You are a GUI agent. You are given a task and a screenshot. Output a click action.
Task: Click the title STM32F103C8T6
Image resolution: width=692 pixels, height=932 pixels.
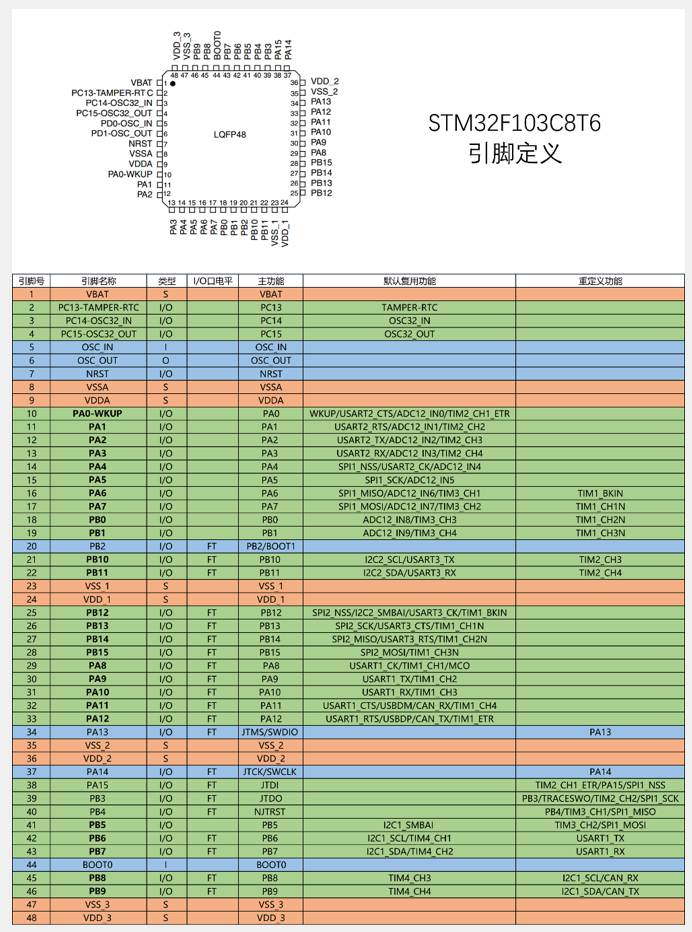click(514, 123)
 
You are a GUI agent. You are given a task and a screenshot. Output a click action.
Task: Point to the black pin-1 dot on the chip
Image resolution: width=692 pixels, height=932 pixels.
click(173, 84)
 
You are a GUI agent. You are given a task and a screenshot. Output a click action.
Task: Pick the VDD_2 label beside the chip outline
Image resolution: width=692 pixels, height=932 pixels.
click(325, 81)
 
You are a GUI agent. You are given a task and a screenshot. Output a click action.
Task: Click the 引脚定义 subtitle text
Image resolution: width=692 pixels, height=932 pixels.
click(514, 155)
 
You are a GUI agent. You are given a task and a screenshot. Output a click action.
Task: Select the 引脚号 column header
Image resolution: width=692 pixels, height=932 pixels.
click(32, 281)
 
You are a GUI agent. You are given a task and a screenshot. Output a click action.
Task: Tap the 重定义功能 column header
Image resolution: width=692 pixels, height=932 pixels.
click(600, 281)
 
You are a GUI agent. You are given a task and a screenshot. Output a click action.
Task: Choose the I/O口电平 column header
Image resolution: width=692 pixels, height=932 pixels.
click(211, 281)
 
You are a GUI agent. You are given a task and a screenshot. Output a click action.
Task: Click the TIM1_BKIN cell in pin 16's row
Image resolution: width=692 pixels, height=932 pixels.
click(600, 493)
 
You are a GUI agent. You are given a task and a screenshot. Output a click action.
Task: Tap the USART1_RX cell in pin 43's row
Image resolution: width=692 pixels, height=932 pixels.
click(600, 851)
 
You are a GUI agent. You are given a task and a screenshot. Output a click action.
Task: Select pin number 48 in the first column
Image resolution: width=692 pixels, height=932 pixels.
click(32, 917)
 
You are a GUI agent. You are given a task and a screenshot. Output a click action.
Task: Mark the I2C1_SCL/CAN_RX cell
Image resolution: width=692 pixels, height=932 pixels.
click(600, 877)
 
